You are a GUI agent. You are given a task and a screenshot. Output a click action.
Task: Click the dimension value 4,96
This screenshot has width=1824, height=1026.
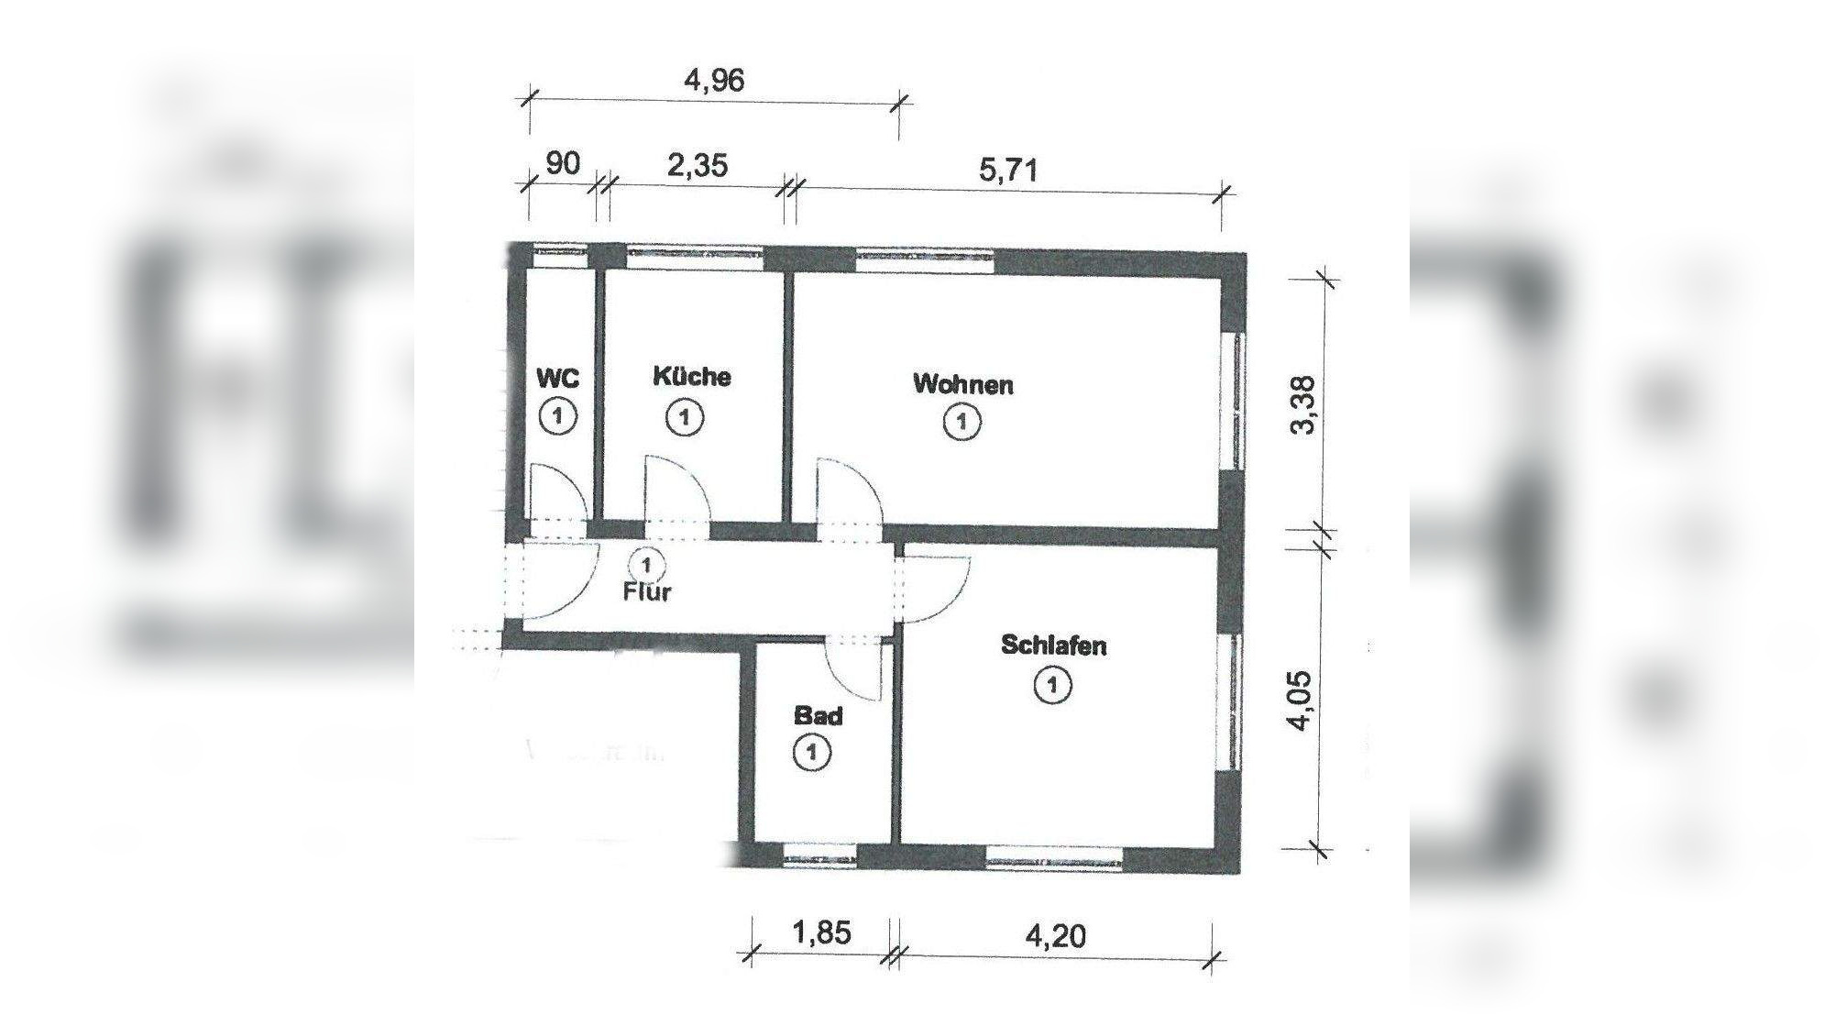[x=714, y=81]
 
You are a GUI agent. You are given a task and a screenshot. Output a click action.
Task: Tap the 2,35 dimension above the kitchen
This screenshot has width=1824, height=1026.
[x=698, y=165]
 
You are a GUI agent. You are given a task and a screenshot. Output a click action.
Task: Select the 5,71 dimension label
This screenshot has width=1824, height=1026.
[x=1008, y=170]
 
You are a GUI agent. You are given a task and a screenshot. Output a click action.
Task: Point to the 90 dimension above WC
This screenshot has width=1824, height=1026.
[x=563, y=163]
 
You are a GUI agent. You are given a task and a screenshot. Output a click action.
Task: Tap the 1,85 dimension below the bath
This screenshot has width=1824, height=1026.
[x=819, y=933]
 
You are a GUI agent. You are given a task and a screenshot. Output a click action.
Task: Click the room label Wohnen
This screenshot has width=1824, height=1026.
[x=962, y=384]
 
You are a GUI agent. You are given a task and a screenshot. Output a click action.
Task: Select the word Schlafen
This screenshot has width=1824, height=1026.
[x=1053, y=645]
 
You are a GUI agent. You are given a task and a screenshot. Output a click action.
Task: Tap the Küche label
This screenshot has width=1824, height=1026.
[x=692, y=377]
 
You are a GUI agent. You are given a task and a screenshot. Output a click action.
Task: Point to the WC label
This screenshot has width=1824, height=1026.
[x=557, y=378]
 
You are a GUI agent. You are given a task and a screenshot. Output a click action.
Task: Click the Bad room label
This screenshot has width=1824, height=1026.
[x=818, y=715]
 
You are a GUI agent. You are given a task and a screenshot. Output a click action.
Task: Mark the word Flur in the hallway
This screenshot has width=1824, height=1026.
[x=647, y=592]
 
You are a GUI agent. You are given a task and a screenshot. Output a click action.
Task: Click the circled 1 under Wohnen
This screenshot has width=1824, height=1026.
[x=961, y=423]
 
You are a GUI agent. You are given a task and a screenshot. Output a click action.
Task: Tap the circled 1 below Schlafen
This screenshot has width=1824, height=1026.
[x=1052, y=685]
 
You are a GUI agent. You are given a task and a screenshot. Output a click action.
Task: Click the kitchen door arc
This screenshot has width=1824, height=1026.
[x=676, y=491]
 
